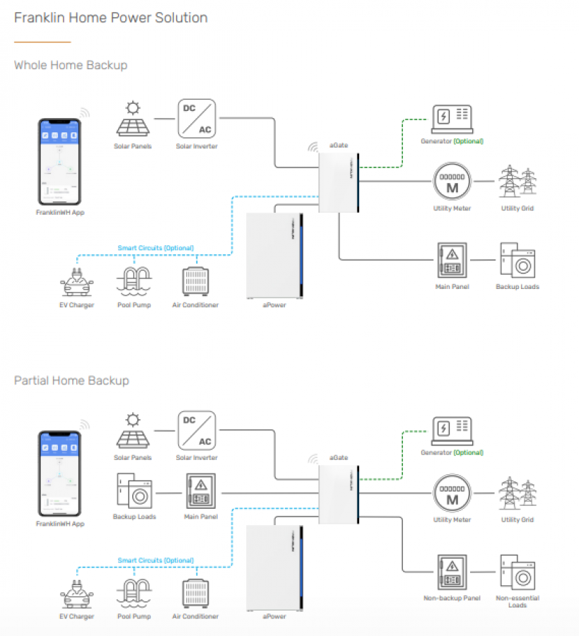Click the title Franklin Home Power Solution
pyautogui.click(x=111, y=18)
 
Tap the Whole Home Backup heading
pyautogui.click(x=71, y=65)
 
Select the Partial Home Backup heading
pyautogui.click(x=71, y=380)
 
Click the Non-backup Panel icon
pyautogui.click(x=452, y=572)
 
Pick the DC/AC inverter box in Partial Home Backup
pyautogui.click(x=197, y=430)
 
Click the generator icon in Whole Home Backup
pyautogui.click(x=452, y=118)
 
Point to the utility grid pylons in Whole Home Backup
pyautogui.click(x=517, y=182)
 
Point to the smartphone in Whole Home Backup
pyautogui.click(x=60, y=161)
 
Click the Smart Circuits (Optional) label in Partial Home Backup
pyautogui.click(x=156, y=560)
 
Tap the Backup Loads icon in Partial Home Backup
pyautogui.click(x=134, y=491)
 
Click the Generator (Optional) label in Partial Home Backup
pyautogui.click(x=452, y=452)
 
